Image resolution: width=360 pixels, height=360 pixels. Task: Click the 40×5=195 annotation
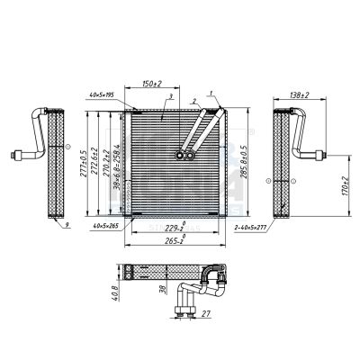click(106, 94)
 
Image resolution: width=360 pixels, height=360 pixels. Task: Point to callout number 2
click(193, 100)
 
